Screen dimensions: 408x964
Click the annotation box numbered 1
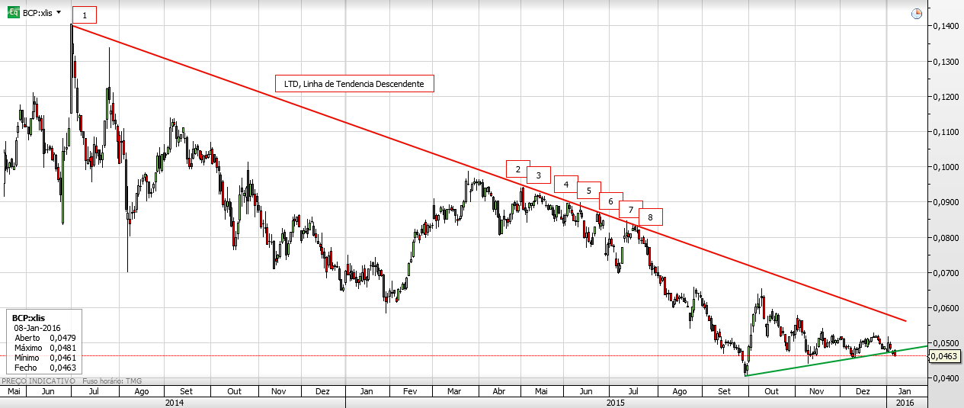[85, 15]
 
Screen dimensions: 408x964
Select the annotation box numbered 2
[517, 169]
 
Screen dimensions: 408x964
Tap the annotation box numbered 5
[589, 191]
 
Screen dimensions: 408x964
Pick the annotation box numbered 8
[650, 217]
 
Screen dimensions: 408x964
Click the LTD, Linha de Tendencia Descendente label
[354, 83]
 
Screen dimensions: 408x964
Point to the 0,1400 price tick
[945, 27]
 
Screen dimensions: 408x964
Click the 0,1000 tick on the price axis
[945, 167]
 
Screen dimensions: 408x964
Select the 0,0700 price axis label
[945, 272]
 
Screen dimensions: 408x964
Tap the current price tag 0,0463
[946, 356]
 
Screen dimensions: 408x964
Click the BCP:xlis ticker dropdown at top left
[43, 13]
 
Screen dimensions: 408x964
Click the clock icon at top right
[917, 14]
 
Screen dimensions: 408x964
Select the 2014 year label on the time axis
[175, 401]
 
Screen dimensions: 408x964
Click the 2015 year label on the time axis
[616, 401]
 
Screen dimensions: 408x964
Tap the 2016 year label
[905, 401]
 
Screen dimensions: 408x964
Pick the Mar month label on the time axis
[454, 391]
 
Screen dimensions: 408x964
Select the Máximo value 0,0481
[63, 347]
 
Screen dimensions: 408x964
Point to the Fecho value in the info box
[63, 367]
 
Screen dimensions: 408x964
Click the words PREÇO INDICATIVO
[38, 381]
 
